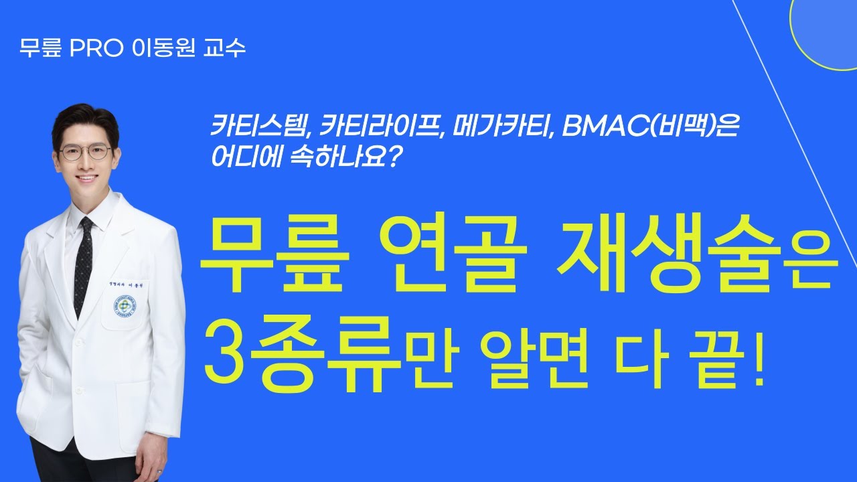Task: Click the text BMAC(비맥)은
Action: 649,126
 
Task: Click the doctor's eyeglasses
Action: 85,152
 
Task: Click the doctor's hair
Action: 84,120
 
